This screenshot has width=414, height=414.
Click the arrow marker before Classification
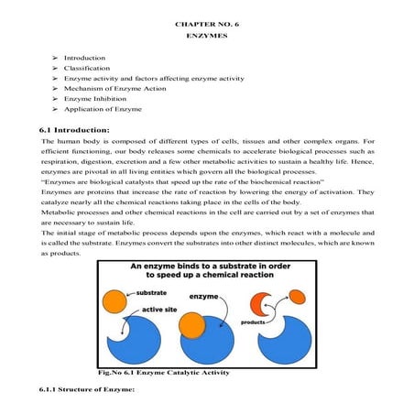point(57,69)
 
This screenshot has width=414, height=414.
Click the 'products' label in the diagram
point(254,322)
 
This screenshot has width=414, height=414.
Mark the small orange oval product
point(299,295)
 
